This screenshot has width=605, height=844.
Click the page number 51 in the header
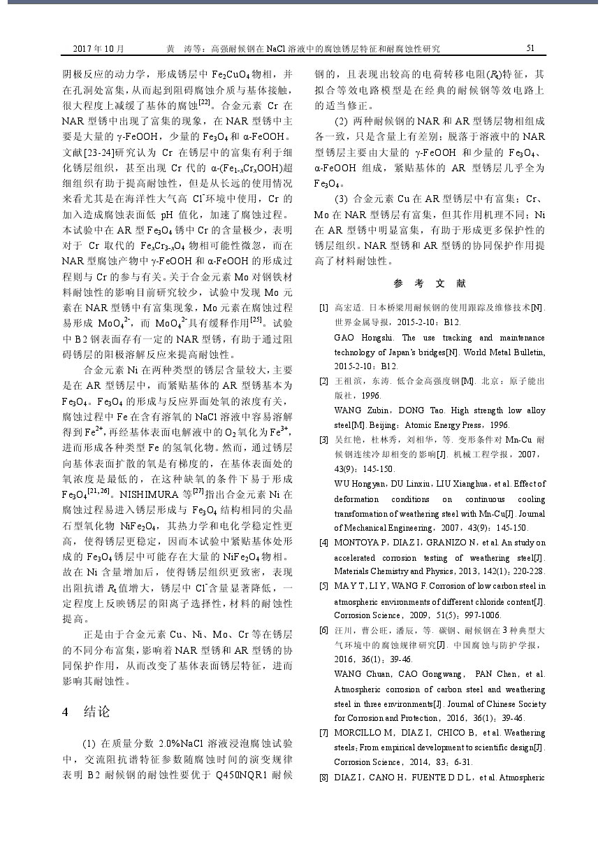[530, 48]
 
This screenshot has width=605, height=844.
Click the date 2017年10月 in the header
[99, 48]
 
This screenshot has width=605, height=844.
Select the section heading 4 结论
[87, 712]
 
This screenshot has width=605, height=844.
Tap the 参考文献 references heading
[430, 283]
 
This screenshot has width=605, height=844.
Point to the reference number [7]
[323, 733]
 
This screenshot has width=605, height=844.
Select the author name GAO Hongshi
[358, 337]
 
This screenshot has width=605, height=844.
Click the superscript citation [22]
[205, 102]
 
